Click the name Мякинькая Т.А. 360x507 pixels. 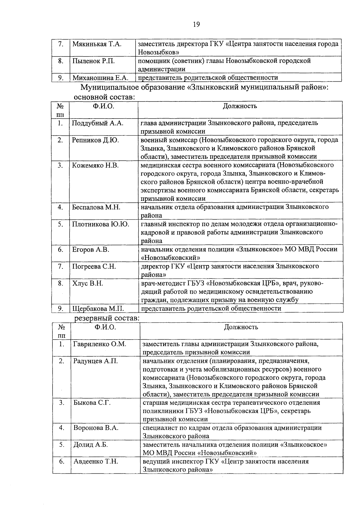point(97,44)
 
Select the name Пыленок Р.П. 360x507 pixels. point(94,61)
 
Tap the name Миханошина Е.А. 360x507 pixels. point(100,78)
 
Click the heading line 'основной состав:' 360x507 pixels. point(104,97)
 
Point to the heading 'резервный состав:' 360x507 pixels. point(106,318)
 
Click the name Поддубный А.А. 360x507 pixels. point(98,123)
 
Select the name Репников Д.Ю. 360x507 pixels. point(95,140)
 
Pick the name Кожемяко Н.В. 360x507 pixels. point(95,165)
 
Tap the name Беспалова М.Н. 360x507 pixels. point(96,207)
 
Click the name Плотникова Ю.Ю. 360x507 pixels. point(100,224)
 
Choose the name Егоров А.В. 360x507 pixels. point(91,249)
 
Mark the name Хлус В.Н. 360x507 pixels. point(88,283)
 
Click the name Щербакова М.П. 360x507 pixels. point(98,308)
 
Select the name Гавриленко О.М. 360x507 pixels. point(100,344)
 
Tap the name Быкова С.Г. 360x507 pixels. point(92,403)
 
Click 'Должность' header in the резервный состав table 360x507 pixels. point(241,327)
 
